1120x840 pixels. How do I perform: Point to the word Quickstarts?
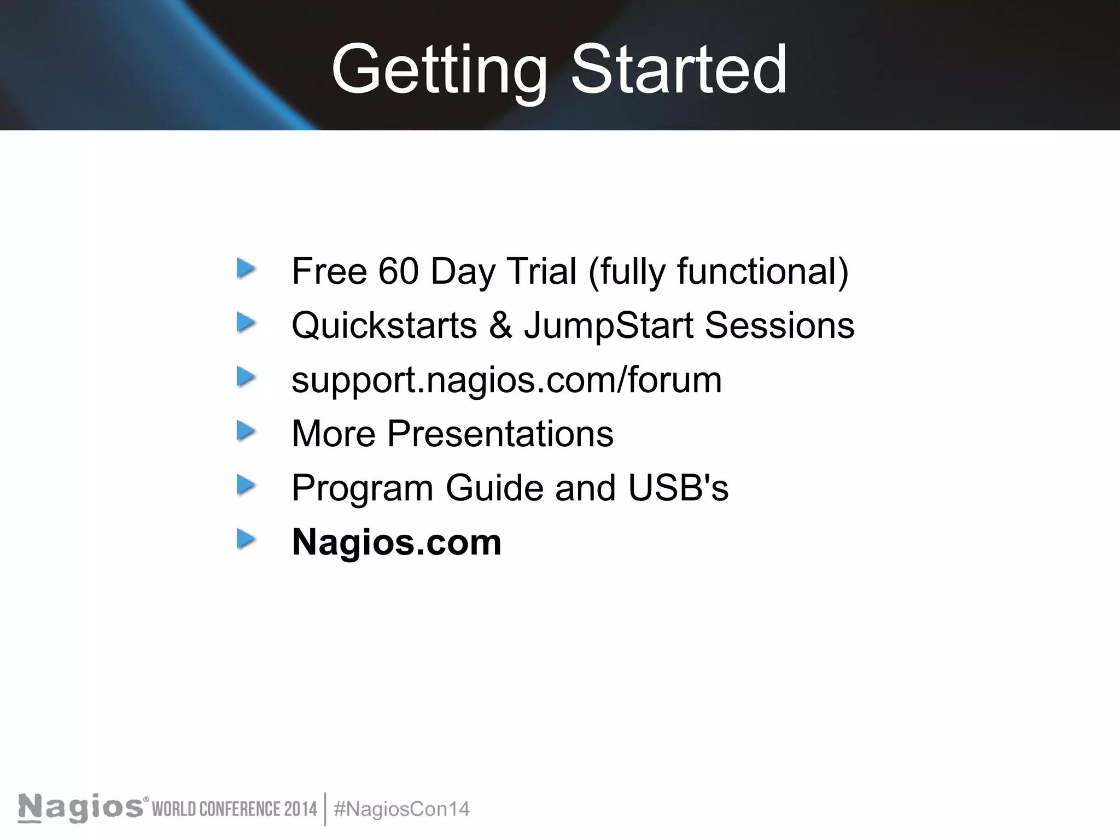pos(384,325)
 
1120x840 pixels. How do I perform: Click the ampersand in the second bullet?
pos(500,325)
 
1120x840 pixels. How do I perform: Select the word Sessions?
pos(779,325)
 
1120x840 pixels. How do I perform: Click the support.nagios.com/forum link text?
pos(506,380)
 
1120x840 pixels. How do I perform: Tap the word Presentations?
pos(500,434)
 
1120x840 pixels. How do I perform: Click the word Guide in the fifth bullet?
pos(494,488)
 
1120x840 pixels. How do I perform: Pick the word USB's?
pos(678,488)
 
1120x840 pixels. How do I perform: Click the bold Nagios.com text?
pos(396,542)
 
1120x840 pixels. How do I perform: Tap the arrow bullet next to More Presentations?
pos(246,431)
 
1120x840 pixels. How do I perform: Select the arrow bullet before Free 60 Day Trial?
pos(246,269)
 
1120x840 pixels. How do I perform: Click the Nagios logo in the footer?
pos(81,808)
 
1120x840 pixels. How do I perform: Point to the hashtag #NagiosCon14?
pos(401,809)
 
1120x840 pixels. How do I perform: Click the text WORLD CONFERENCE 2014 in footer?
pos(234,809)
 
